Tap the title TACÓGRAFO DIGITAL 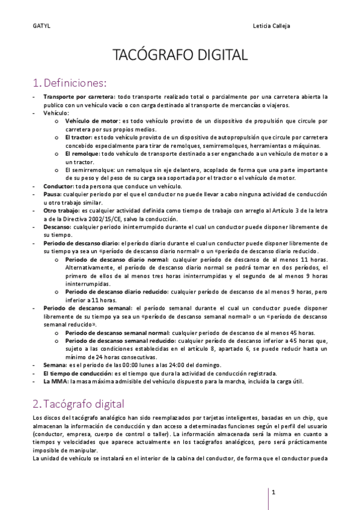pos(180,55)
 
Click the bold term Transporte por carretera pos(79,96)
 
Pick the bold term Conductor pos(58,186)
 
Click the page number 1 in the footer pos(273,493)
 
